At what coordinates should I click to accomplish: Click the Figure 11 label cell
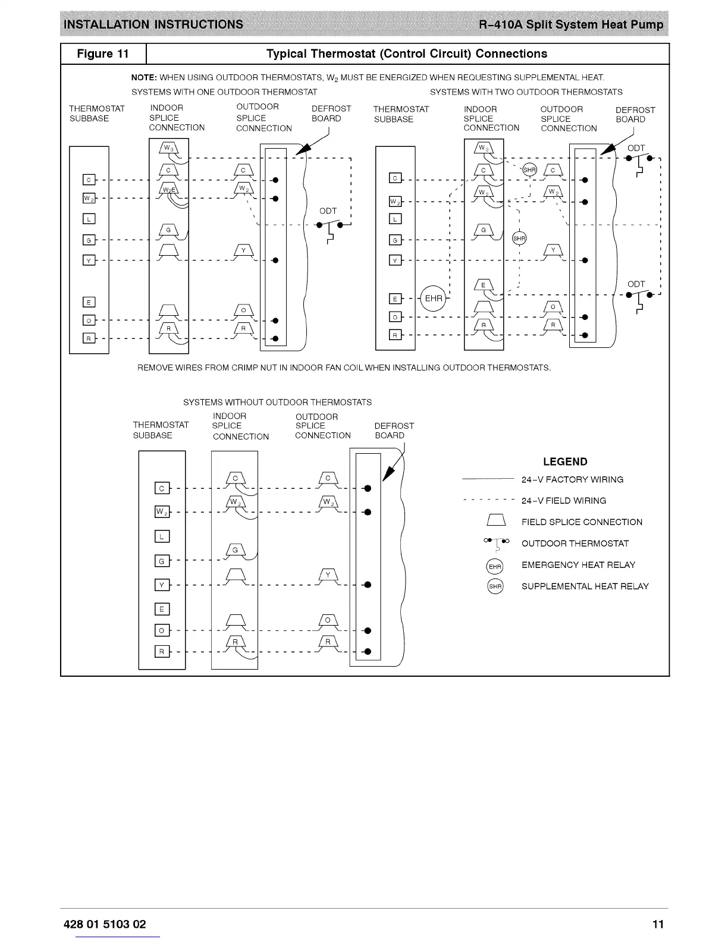[103, 54]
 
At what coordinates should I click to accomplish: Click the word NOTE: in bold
[144, 78]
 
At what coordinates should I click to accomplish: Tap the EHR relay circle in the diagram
[433, 298]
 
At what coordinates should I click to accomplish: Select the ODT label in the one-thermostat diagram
[328, 211]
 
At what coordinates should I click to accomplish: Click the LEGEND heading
[565, 461]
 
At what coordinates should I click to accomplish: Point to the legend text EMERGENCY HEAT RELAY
[578, 565]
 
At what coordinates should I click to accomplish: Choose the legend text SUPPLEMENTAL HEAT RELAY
[585, 586]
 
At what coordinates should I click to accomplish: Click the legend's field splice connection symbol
[495, 522]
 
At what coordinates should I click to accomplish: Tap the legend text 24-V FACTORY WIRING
[572, 479]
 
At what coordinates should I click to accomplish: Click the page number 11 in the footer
[657, 924]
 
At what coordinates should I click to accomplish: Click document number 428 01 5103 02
[105, 924]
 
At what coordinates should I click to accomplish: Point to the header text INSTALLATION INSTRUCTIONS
[153, 24]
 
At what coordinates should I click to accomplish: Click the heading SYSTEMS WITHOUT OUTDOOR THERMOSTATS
[277, 403]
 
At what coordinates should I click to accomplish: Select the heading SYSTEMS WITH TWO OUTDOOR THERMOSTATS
[526, 92]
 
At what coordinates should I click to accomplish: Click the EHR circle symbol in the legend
[495, 566]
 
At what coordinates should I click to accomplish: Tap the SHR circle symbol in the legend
[495, 586]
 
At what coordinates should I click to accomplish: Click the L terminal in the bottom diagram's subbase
[162, 536]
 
